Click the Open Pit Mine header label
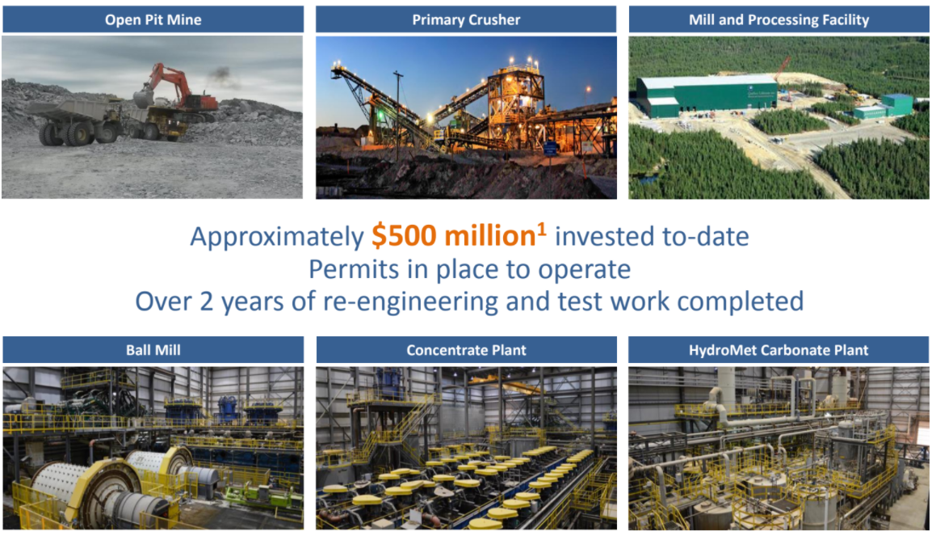pyautogui.click(x=153, y=19)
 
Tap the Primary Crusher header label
pyautogui.click(x=466, y=19)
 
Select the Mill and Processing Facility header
pyautogui.click(x=779, y=19)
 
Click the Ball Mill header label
pyautogui.click(x=153, y=350)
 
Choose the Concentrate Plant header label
pyautogui.click(x=466, y=350)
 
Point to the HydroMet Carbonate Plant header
pyautogui.click(x=779, y=350)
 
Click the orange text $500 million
pyautogui.click(x=454, y=236)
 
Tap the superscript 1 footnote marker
pyautogui.click(x=541, y=229)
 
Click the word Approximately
pyautogui.click(x=277, y=237)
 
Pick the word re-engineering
pyautogui.click(x=410, y=302)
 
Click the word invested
pyautogui.click(x=605, y=236)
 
